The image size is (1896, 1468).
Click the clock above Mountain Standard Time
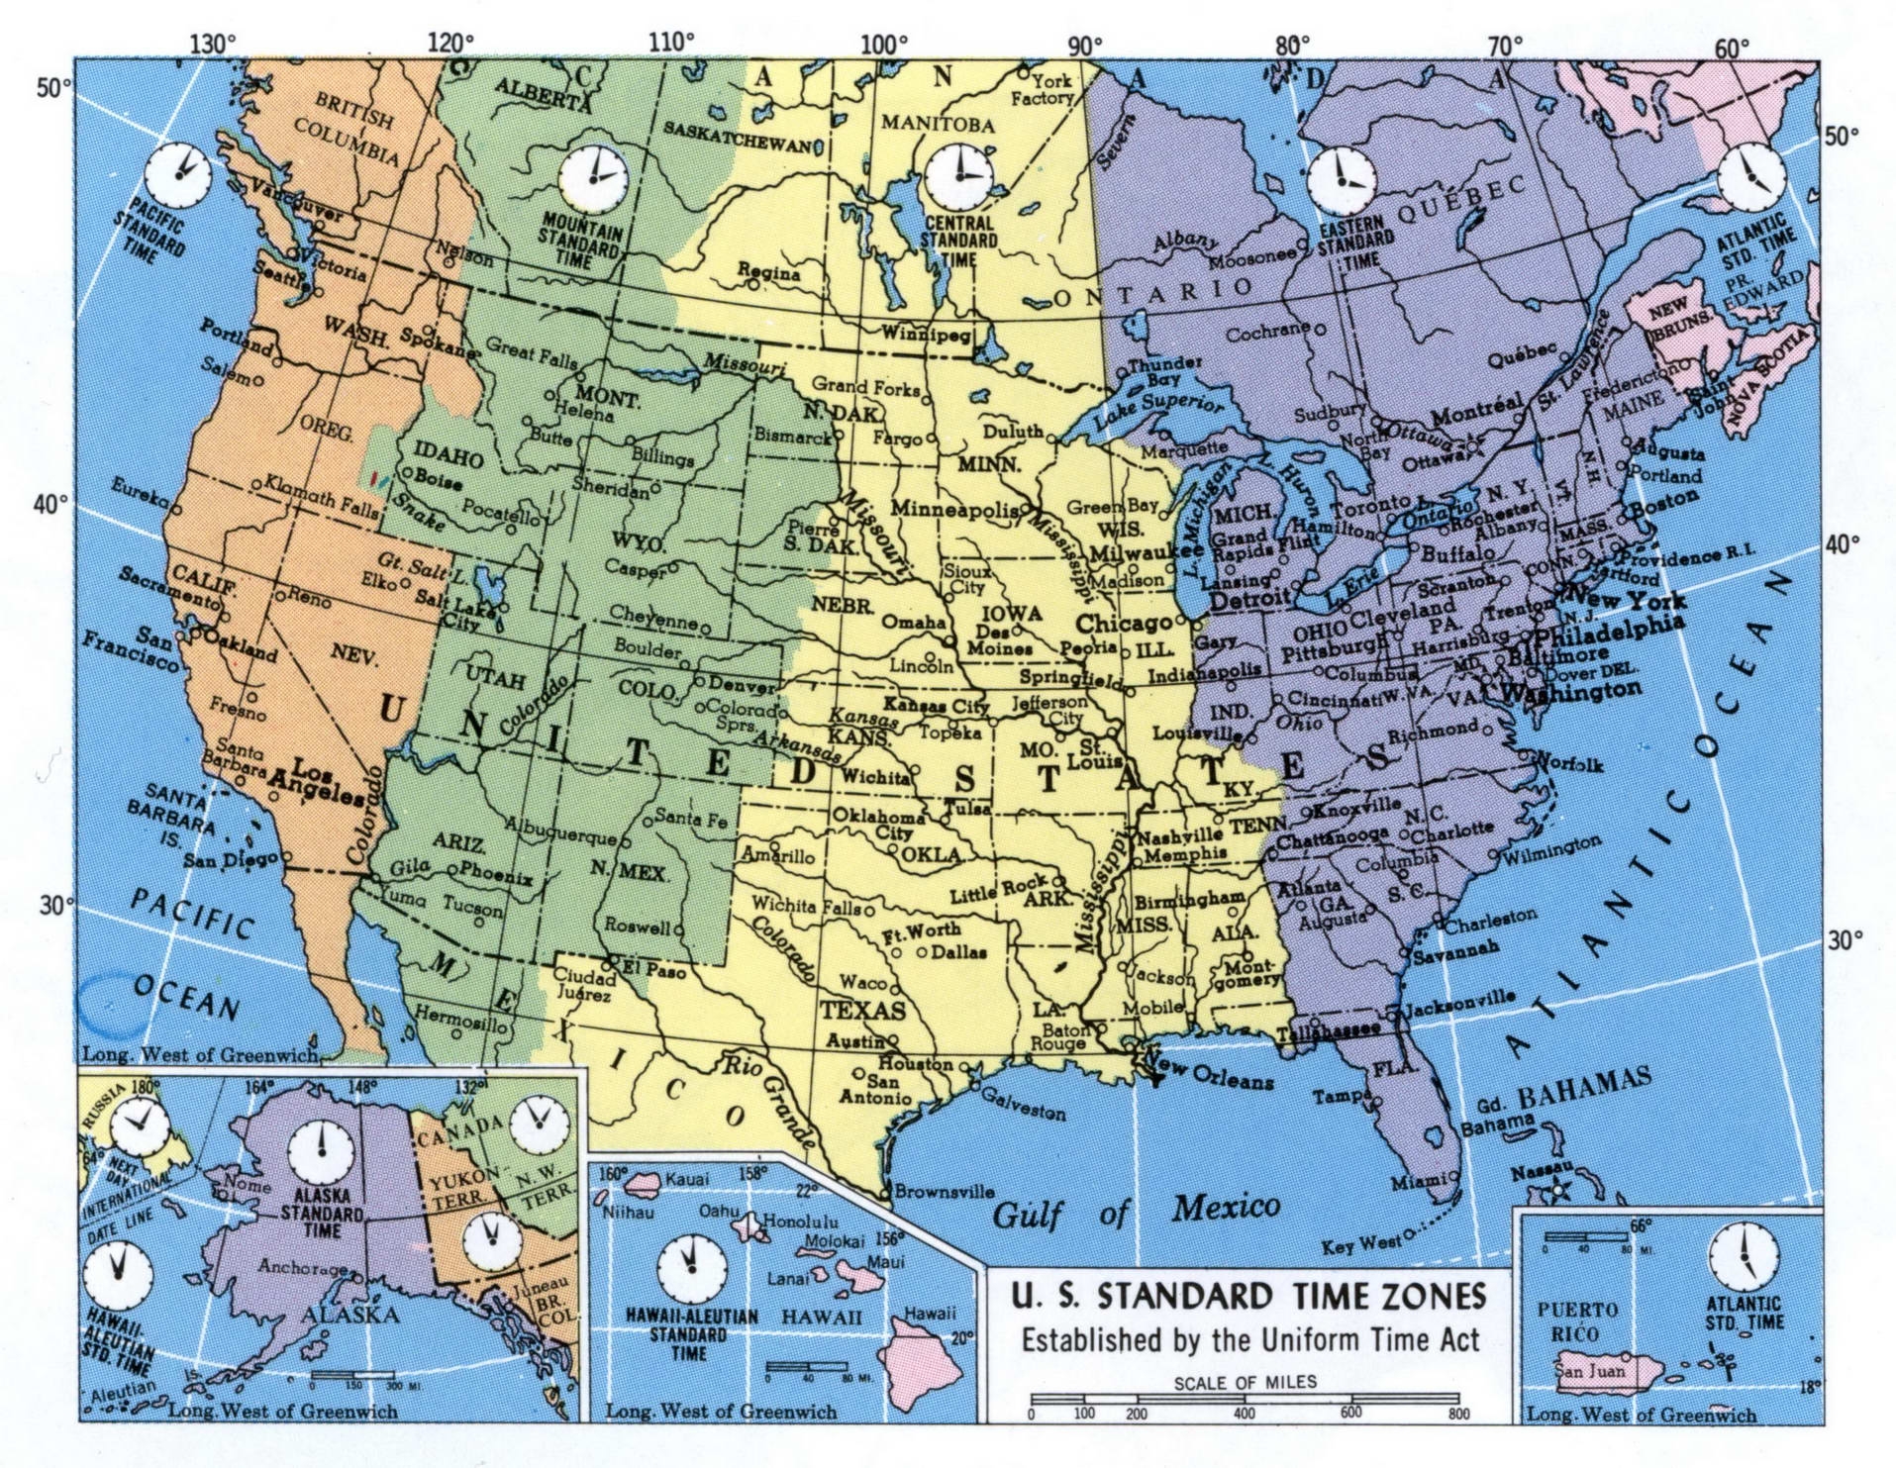click(x=593, y=178)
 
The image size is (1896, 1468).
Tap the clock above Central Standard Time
click(x=957, y=175)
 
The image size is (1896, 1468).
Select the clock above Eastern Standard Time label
click(x=1342, y=180)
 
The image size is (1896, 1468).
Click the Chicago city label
click(x=1124, y=625)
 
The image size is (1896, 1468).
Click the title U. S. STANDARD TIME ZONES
click(x=1248, y=1296)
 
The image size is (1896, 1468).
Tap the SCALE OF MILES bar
click(x=1245, y=1398)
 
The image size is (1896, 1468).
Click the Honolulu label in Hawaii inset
click(x=804, y=1222)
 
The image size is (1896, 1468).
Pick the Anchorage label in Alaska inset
click(x=300, y=1267)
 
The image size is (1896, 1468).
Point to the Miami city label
click(x=1417, y=1183)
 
